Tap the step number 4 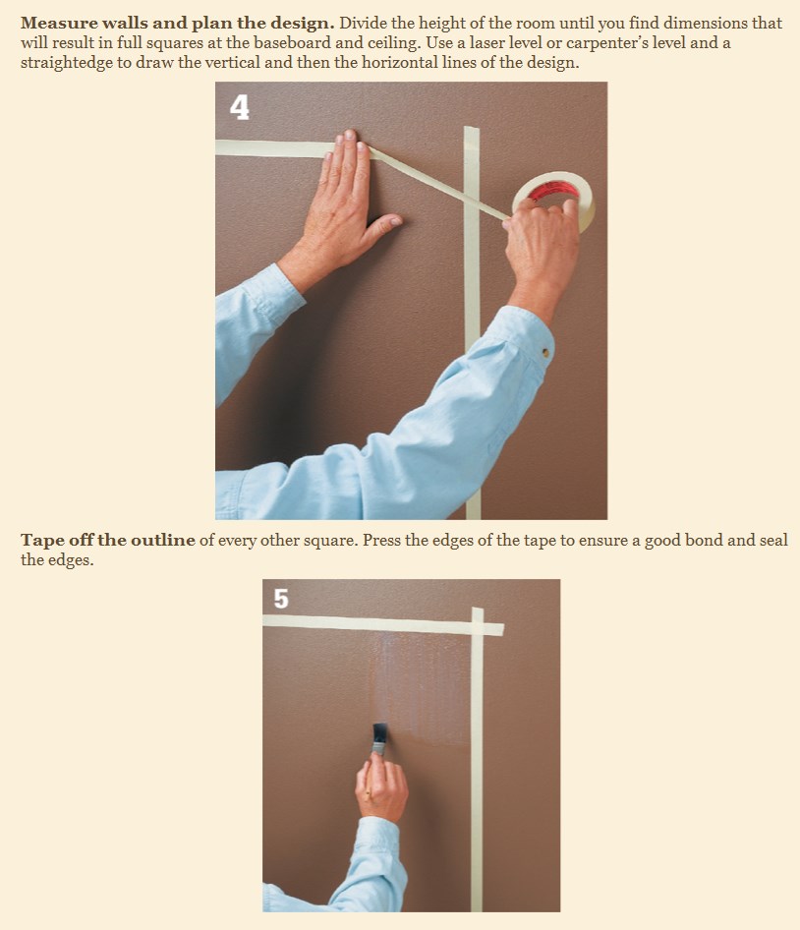tap(240, 108)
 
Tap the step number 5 tap(281, 599)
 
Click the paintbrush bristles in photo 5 tap(379, 730)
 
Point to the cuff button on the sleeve tap(545, 353)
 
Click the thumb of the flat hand tap(385, 223)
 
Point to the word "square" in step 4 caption tap(330, 542)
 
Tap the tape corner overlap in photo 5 tap(478, 628)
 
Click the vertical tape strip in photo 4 tap(472, 322)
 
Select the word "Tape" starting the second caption tap(42, 541)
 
